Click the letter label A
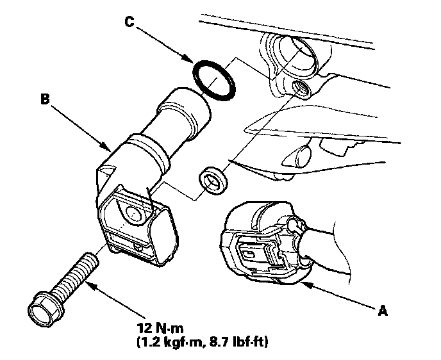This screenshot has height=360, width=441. click(x=383, y=311)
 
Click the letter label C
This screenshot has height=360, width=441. click(x=130, y=24)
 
